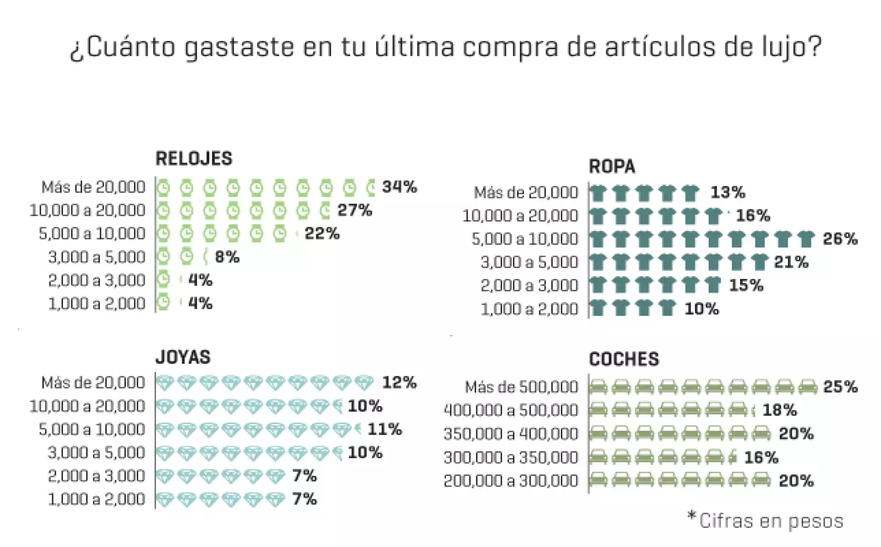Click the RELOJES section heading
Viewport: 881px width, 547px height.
[194, 158]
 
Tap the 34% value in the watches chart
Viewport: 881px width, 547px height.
[399, 187]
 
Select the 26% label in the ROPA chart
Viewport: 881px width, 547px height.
[840, 239]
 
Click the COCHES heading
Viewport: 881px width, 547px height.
[624, 359]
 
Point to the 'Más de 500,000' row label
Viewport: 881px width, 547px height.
[521, 387]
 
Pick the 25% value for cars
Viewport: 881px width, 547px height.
[840, 387]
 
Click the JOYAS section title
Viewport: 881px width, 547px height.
[183, 357]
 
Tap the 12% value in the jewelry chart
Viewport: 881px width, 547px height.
[399, 382]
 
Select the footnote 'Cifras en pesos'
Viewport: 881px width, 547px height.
[770, 521]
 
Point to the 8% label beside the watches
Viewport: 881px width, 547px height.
[227, 257]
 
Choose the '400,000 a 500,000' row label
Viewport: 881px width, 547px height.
[510, 411]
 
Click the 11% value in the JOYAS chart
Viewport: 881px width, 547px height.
[384, 429]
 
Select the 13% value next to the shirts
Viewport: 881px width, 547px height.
[727, 193]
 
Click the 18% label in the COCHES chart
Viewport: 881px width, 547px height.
[779, 411]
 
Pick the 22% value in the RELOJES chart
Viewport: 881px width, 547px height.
[322, 233]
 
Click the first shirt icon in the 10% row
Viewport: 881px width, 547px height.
[598, 308]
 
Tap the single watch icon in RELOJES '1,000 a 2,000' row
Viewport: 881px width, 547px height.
[164, 302]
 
